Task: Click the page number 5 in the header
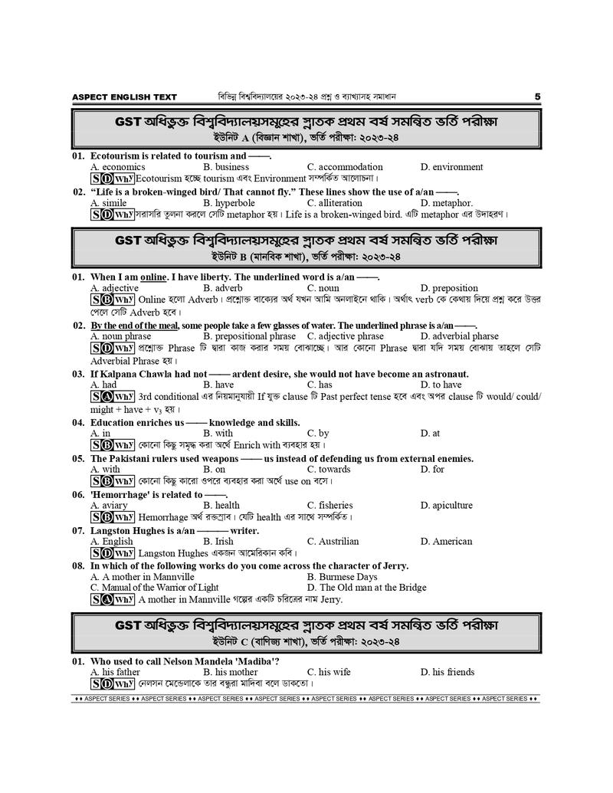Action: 537,97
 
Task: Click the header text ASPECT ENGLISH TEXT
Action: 124,97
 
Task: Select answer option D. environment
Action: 451,167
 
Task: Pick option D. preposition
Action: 449,288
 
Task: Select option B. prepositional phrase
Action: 249,336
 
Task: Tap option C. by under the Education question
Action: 318,433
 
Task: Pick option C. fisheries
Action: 330,505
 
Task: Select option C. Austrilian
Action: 333,541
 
